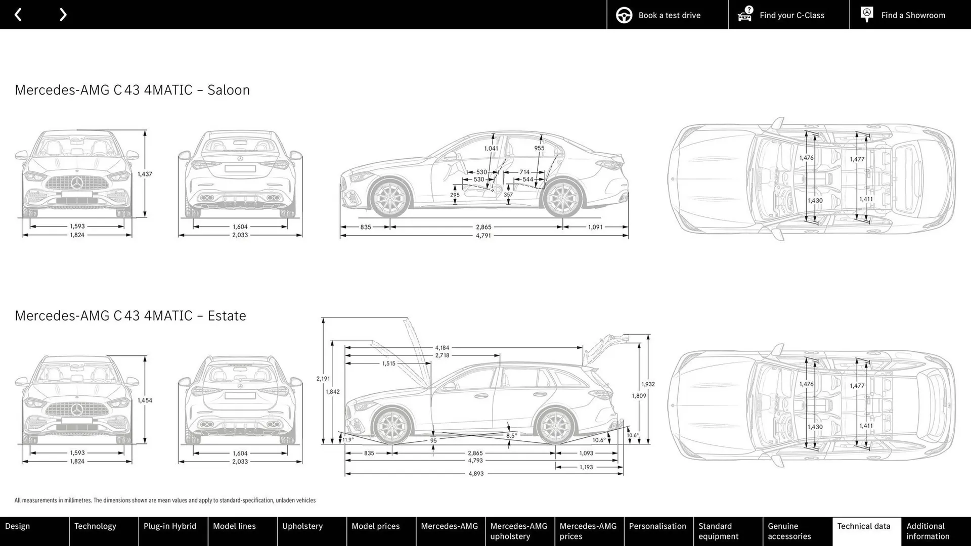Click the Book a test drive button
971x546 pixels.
point(667,15)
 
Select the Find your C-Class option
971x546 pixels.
point(788,15)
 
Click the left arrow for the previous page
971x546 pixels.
point(18,15)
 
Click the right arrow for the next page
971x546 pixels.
point(63,15)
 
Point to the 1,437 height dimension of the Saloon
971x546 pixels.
point(145,174)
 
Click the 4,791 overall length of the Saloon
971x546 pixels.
point(483,236)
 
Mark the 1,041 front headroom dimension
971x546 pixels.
point(491,149)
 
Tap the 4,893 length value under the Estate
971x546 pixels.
point(476,474)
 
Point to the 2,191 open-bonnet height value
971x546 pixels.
point(323,379)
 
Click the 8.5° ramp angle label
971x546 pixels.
point(511,435)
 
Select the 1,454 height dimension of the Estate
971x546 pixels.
point(145,400)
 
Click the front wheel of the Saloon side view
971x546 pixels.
point(390,198)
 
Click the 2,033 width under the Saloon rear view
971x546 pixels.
point(240,235)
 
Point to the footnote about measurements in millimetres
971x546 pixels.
point(165,500)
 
